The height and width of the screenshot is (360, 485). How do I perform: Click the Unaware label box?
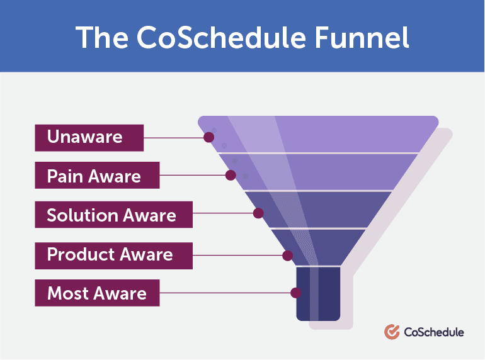(89, 137)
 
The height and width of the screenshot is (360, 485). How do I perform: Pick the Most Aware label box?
(97, 293)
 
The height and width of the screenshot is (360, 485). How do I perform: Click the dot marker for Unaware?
(208, 137)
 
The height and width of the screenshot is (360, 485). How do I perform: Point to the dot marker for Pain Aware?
(231, 176)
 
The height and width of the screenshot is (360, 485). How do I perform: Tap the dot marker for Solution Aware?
(258, 213)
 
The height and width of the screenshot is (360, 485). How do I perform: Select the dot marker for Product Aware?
(287, 256)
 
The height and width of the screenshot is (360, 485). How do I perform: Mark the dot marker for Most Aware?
(295, 293)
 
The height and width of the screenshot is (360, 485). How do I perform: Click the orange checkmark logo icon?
(391, 332)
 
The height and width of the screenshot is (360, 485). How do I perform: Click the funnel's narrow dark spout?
(318, 293)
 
